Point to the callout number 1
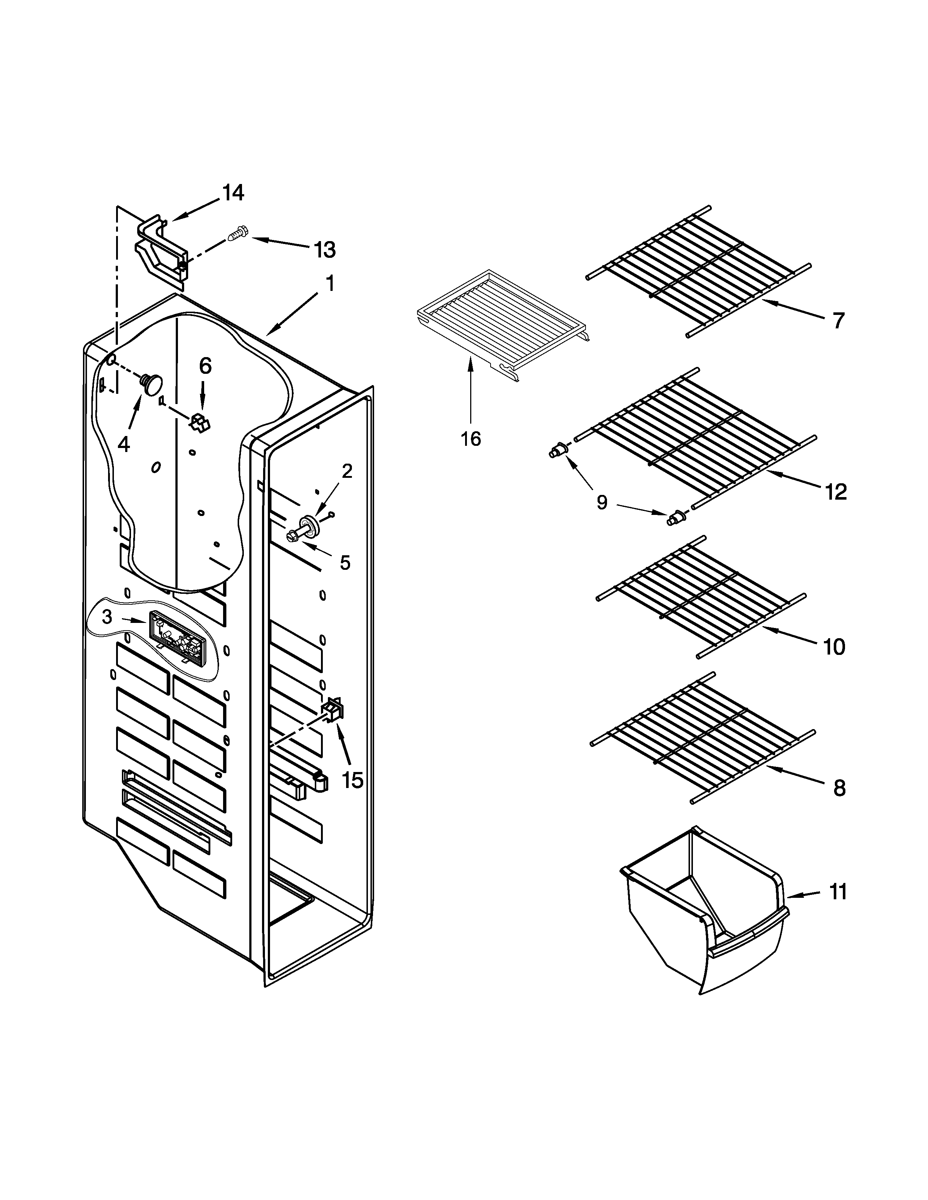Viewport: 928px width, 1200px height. (330, 284)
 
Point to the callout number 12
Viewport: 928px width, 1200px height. (836, 492)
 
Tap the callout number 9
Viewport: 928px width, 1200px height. (602, 502)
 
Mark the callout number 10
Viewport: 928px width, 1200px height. (834, 647)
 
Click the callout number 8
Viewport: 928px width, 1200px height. (839, 789)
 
